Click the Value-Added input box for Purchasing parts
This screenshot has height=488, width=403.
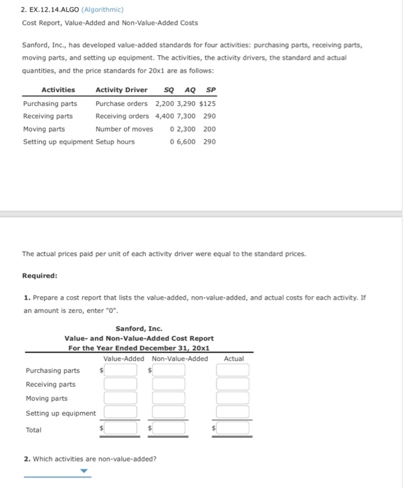(x=121, y=370)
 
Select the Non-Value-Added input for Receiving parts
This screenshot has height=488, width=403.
(x=169, y=384)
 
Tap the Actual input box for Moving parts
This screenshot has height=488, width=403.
(x=232, y=398)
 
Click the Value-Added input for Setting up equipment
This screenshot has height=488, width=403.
(x=121, y=413)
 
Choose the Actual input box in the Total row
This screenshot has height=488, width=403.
(x=232, y=429)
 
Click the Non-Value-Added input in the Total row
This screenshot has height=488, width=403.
(x=169, y=429)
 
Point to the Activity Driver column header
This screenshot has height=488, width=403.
(x=121, y=90)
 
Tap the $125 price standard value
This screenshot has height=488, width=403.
(x=207, y=103)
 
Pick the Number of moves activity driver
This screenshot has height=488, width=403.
(x=123, y=129)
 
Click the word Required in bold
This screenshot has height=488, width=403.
(x=39, y=275)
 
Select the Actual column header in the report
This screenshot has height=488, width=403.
(x=234, y=358)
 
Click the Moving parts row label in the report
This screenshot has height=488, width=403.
(x=47, y=399)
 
